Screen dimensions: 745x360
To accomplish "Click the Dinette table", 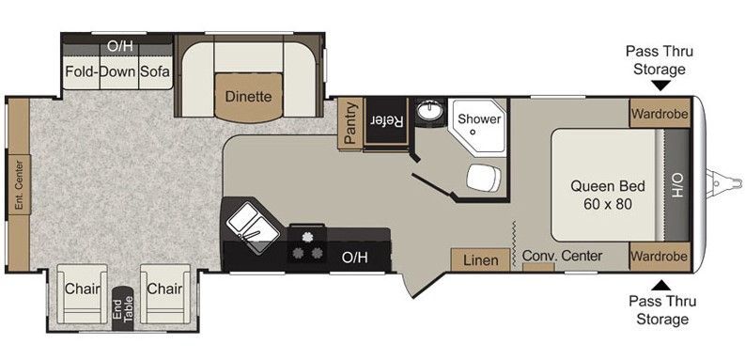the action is click(x=249, y=97).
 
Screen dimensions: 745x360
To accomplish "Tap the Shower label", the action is click(x=479, y=118).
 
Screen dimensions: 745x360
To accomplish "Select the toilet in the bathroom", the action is click(x=484, y=178).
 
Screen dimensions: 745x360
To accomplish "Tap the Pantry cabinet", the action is click(x=350, y=122).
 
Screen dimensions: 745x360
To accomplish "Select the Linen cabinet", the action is click(x=480, y=259).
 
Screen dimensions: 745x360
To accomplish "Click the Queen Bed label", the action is click(x=608, y=186).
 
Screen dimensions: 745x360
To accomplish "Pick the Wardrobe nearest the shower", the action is click(x=660, y=113).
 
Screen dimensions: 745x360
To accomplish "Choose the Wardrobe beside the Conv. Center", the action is click(x=659, y=257).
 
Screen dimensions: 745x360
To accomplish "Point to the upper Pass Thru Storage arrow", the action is click(x=660, y=86).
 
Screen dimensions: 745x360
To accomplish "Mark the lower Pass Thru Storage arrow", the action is click(x=660, y=286).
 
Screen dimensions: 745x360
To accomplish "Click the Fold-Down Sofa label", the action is click(x=116, y=71).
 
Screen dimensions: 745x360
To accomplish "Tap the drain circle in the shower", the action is click(x=473, y=133).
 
